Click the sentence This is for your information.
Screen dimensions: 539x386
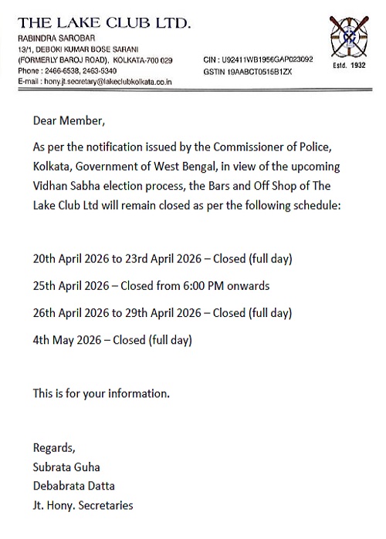tap(100, 393)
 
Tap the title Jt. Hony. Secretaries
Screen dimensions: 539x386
tap(83, 505)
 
